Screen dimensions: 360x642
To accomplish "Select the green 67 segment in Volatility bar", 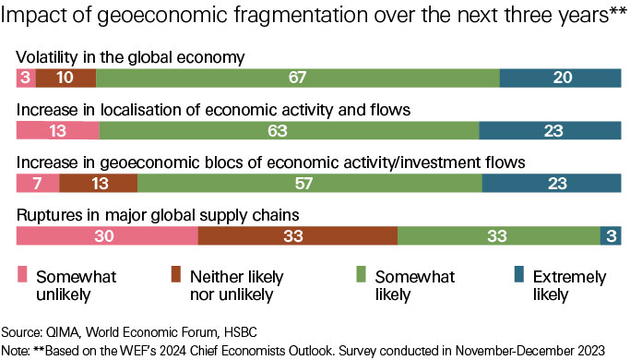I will (297, 78).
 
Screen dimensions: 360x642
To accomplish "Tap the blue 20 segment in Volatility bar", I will (560, 78).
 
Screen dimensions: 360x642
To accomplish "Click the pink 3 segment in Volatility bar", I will (26, 78).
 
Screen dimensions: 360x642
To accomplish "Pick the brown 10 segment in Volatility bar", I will (65, 78).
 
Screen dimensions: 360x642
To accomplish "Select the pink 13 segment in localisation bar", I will (57, 131).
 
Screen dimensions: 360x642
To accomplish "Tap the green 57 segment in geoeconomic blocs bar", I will (310, 183).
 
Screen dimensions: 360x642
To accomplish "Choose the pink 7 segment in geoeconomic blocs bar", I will (38, 183).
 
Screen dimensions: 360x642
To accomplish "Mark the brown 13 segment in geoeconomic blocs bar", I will (98, 183).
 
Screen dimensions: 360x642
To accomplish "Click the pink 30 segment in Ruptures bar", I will (107, 235).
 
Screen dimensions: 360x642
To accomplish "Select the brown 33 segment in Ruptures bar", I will (297, 235).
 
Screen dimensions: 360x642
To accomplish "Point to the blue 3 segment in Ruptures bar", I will (611, 235).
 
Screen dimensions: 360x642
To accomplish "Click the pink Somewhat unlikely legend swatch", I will (23, 274).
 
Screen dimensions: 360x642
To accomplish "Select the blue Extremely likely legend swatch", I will (518, 274).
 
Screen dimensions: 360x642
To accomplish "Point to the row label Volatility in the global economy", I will (130, 57).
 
